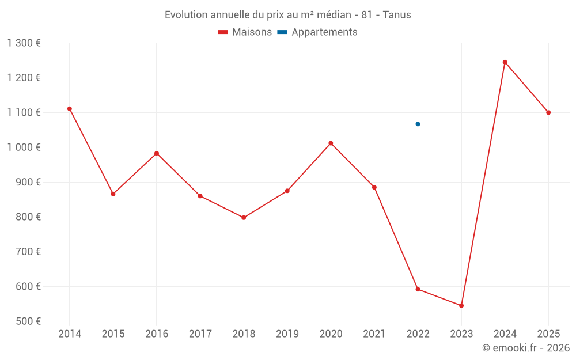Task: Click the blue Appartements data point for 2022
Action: click(x=418, y=124)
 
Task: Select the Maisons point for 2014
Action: click(x=70, y=109)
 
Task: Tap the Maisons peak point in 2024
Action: click(x=505, y=62)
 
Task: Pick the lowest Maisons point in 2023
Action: click(x=461, y=305)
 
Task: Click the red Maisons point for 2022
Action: click(x=418, y=289)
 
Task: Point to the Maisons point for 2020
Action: click(x=331, y=143)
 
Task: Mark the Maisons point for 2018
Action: click(x=244, y=218)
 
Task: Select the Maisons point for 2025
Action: click(x=548, y=112)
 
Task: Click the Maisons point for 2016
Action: click(x=157, y=153)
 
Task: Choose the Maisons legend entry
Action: click(x=245, y=32)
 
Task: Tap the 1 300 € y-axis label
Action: click(x=24, y=43)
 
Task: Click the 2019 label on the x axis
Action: click(x=287, y=334)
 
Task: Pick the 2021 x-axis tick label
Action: click(x=374, y=334)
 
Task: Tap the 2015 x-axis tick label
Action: click(x=113, y=334)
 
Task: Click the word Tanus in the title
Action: click(x=397, y=15)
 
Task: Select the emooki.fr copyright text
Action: click(x=526, y=348)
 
